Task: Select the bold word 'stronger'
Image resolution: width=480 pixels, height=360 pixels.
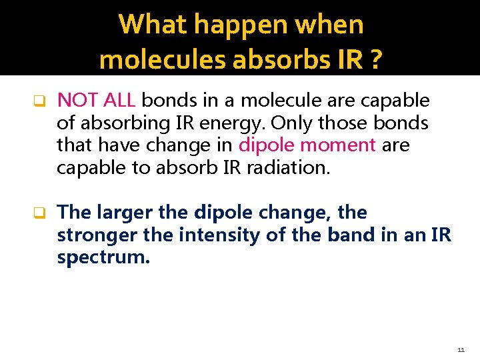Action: pyautogui.click(x=89, y=235)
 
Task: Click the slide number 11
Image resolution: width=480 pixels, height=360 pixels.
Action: pyautogui.click(x=461, y=349)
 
